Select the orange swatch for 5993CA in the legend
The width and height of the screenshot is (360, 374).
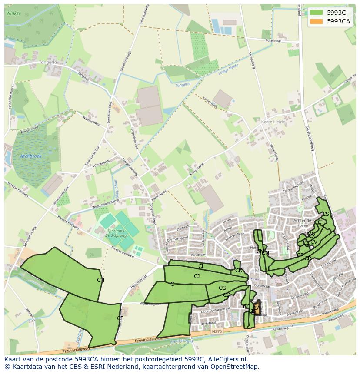[x=316, y=21]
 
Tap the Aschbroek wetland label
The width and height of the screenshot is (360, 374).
[x=30, y=156]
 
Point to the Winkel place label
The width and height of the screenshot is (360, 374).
[x=13, y=13]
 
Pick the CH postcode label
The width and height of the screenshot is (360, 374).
[x=100, y=280]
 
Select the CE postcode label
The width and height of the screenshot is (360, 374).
[x=120, y=318]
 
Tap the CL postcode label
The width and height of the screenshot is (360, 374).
[x=201, y=266]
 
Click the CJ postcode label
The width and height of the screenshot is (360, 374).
[x=197, y=276]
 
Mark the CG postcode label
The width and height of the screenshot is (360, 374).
[x=222, y=288]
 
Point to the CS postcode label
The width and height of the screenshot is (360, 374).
[x=326, y=214]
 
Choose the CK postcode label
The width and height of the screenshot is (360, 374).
[x=238, y=271]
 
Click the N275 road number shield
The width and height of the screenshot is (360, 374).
[x=217, y=331]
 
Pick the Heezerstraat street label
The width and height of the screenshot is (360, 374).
[x=132, y=286]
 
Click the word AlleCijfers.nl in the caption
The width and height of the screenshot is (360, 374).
[x=226, y=359]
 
